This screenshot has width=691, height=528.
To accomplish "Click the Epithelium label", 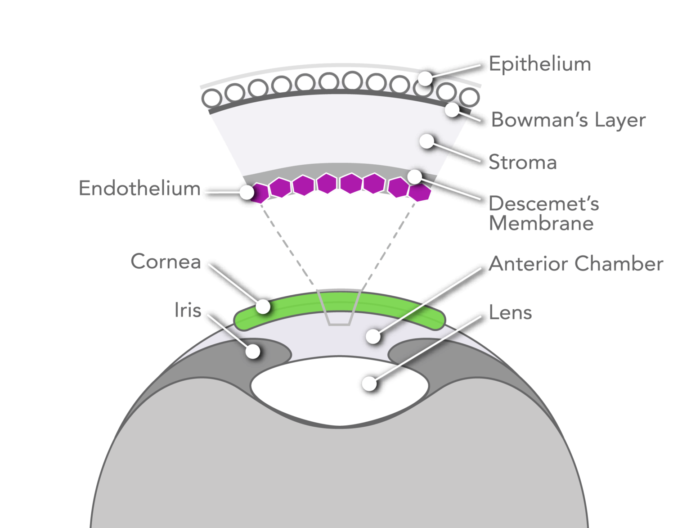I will point(539,64).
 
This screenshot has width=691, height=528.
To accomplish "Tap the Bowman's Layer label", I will point(568,120).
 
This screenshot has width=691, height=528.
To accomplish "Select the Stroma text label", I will point(522,162).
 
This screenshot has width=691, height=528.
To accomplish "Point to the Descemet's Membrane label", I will point(543,213).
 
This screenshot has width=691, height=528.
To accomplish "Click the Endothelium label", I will point(139,188).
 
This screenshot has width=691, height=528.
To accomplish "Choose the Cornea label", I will point(166,262).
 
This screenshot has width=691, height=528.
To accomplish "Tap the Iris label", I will point(188,310).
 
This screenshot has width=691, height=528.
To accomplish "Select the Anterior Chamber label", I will point(576,264).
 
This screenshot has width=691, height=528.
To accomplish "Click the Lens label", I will point(510,312).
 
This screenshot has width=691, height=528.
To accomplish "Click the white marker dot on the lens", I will point(369,384).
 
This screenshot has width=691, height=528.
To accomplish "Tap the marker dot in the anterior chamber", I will point(372,336).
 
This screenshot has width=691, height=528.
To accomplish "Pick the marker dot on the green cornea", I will point(263,307).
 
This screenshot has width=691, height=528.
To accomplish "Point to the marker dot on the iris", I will point(253,351).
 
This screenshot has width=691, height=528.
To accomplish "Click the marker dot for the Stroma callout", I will point(426,141).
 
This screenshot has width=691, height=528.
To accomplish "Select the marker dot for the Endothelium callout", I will point(247,192).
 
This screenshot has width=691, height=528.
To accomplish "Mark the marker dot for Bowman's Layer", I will point(452,109).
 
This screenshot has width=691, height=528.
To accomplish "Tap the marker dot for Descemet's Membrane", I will point(414,176).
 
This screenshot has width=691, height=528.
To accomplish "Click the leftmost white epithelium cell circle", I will point(211,98).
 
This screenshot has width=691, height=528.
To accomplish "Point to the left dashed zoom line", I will point(288,245).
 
